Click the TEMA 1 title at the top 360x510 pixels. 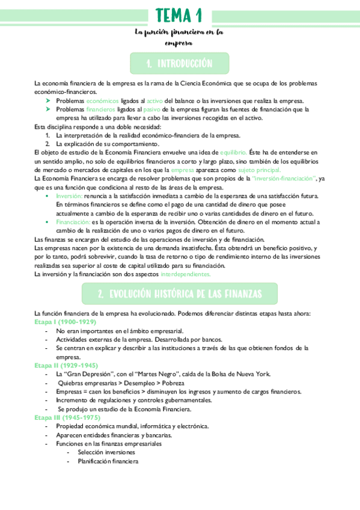coord(179,14)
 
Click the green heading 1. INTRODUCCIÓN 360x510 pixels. coord(180,63)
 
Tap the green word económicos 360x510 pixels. coord(102,101)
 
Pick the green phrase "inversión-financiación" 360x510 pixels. coord(284,179)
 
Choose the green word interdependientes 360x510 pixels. coord(186,274)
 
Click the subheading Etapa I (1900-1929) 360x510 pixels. coord(66,322)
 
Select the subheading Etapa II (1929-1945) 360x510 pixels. coord(67,365)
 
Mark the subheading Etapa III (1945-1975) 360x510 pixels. coord(68,417)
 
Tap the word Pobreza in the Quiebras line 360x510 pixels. coord(171,382)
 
